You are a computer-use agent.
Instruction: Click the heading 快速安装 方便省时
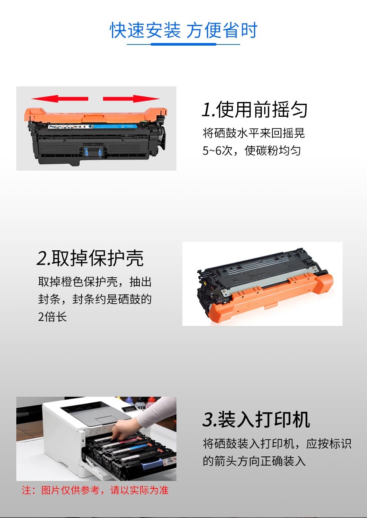point(183,30)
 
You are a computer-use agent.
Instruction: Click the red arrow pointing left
point(60,99)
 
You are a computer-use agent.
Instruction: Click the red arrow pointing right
point(131,99)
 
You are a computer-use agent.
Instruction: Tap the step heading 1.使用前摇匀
point(255,110)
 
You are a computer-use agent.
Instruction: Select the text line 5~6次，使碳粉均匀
point(252,151)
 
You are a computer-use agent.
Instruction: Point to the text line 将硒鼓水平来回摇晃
point(254,133)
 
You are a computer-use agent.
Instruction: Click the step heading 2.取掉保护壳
point(90,258)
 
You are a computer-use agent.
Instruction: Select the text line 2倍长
point(52,317)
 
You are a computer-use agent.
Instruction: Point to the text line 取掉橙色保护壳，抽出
point(95,282)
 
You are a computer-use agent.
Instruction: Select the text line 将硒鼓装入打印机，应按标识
point(277,443)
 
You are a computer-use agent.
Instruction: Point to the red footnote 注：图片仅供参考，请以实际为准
point(95,490)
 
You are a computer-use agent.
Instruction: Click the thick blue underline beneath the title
point(183,44)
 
